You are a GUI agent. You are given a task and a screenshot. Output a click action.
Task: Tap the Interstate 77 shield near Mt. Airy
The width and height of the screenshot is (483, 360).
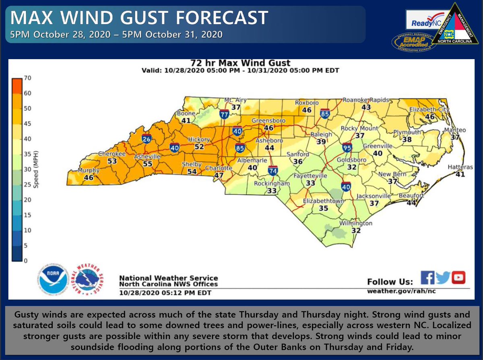pyautogui.click(x=225, y=114)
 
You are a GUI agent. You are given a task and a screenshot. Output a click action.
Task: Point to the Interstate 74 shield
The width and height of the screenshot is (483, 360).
pyautogui.click(x=273, y=171)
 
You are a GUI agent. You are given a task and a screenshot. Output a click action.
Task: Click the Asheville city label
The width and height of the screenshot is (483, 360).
pyautogui.click(x=147, y=156)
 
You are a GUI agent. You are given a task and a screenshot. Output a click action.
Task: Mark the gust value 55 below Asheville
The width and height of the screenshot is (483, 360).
pyautogui.click(x=148, y=164)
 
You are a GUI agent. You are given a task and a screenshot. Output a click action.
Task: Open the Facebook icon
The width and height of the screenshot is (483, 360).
pyautogui.click(x=427, y=278)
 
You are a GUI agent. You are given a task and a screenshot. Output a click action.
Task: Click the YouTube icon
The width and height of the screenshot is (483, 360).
pyautogui.click(x=458, y=278)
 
